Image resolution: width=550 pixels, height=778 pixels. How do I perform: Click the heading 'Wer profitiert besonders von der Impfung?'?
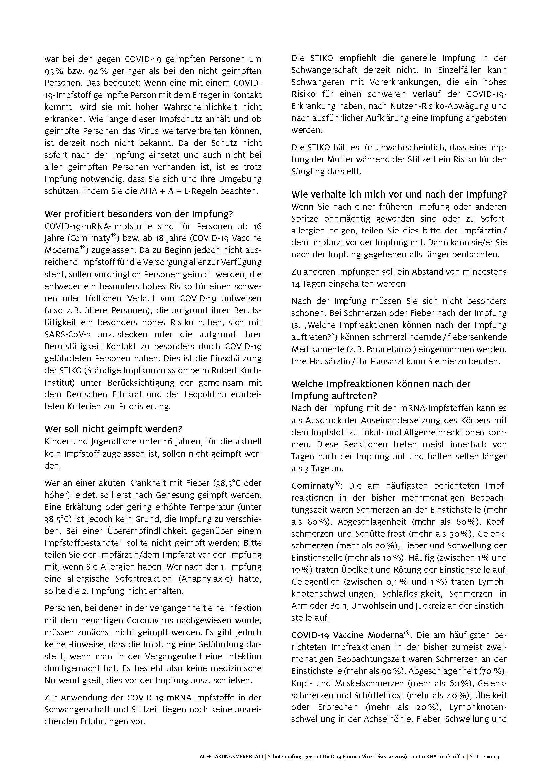139,214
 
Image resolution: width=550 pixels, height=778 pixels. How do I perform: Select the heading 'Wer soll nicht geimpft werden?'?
113,429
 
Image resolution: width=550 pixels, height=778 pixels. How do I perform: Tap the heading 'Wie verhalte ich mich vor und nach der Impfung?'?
399,195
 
